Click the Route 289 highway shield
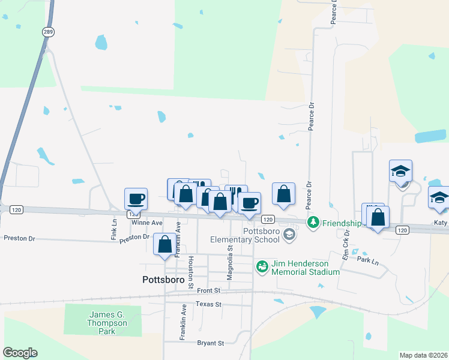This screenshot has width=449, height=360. pos(46,32)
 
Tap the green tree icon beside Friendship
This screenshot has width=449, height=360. pos(313,223)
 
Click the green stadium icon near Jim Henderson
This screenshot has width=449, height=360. pos(262,266)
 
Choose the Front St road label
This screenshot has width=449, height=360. pos(209,290)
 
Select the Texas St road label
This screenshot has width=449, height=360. pos(210,304)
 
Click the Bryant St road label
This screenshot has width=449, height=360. pos(210,343)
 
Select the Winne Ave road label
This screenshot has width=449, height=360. pos(147,223)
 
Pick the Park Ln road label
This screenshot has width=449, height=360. pos(368,262)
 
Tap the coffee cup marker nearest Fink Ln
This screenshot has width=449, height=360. pos(136,199)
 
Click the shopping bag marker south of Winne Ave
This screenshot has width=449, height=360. pos(164,244)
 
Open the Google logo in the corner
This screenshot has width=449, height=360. pos(20,353)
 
